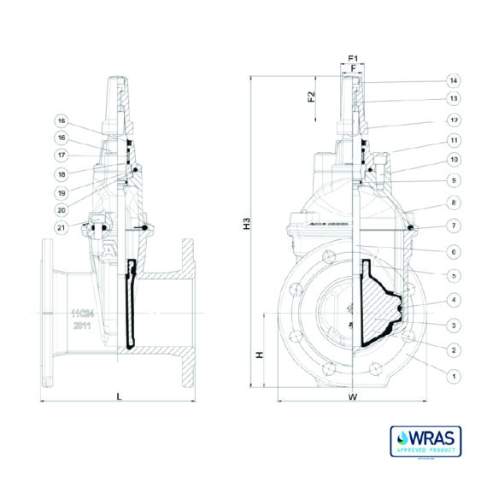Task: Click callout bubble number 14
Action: coord(454,81)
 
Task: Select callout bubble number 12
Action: coord(454,120)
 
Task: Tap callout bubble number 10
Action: coord(454,160)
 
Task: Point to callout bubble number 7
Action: coord(454,226)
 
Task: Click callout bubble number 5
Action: coord(454,273)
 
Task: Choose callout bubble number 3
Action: coord(454,325)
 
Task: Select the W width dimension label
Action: coord(352,397)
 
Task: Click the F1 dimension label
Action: coord(353,58)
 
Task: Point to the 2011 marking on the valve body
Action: coord(83,326)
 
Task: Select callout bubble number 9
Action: coord(454,180)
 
